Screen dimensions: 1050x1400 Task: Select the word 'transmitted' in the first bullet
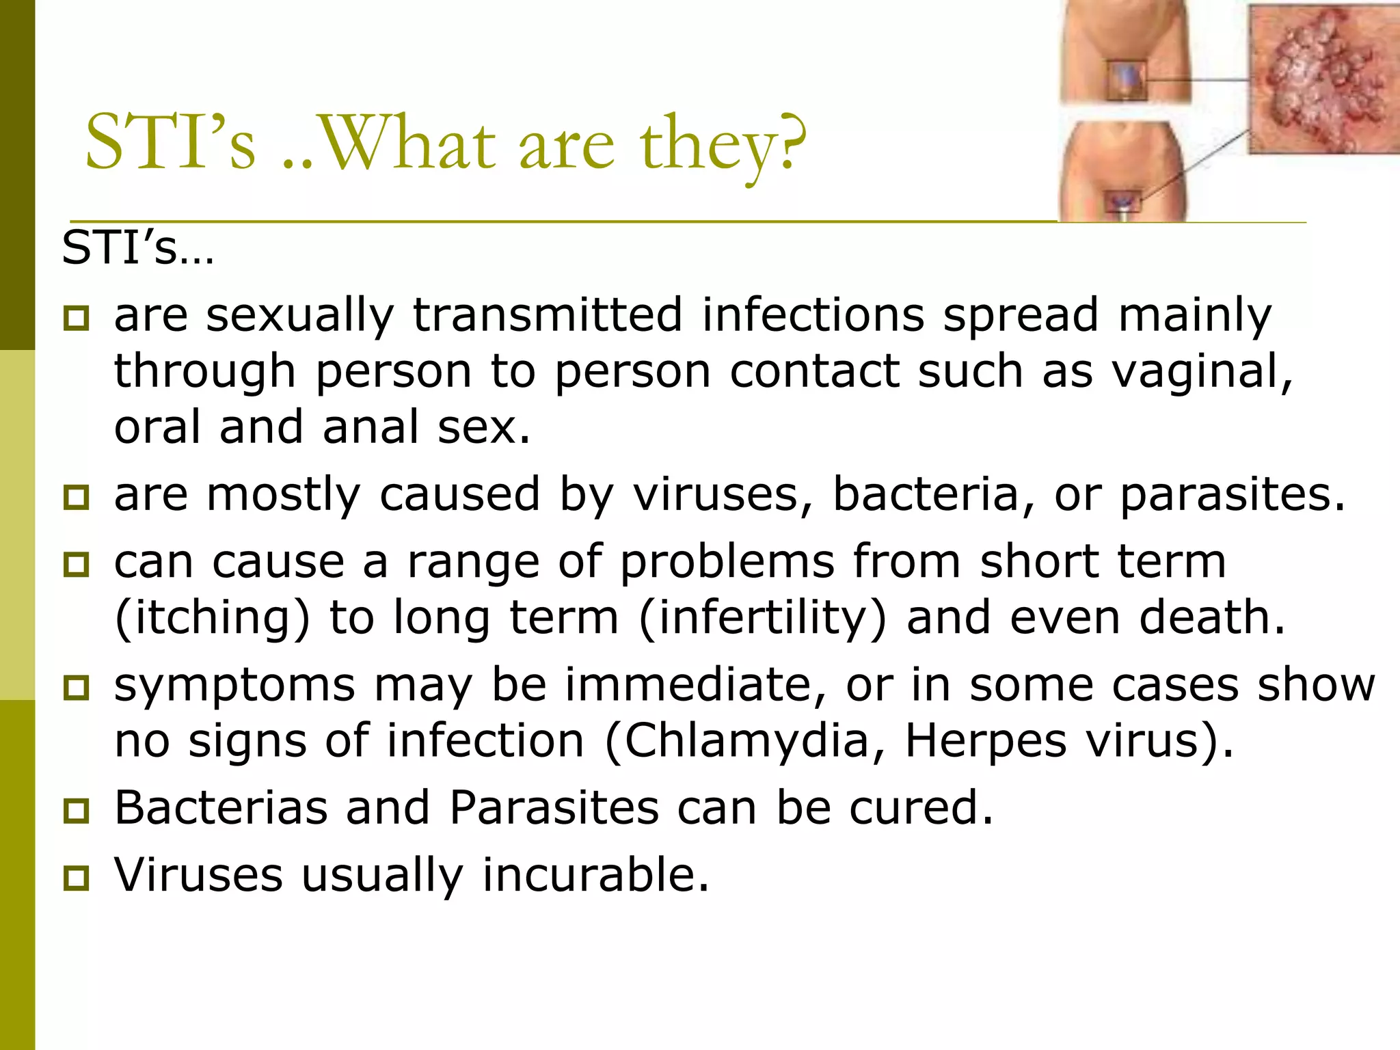pos(548,315)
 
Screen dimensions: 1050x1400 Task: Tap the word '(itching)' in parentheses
pos(212,618)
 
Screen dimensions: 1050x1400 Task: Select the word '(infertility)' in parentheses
pos(762,618)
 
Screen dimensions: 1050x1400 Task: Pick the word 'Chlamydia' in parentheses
pos(745,741)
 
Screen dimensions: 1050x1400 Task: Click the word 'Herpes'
pos(985,742)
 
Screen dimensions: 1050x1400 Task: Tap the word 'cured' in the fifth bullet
pos(920,807)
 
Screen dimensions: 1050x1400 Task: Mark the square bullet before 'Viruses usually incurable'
pos(76,878)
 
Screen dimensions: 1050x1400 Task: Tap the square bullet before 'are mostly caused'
pos(76,497)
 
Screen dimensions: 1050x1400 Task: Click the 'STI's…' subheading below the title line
pos(137,248)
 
